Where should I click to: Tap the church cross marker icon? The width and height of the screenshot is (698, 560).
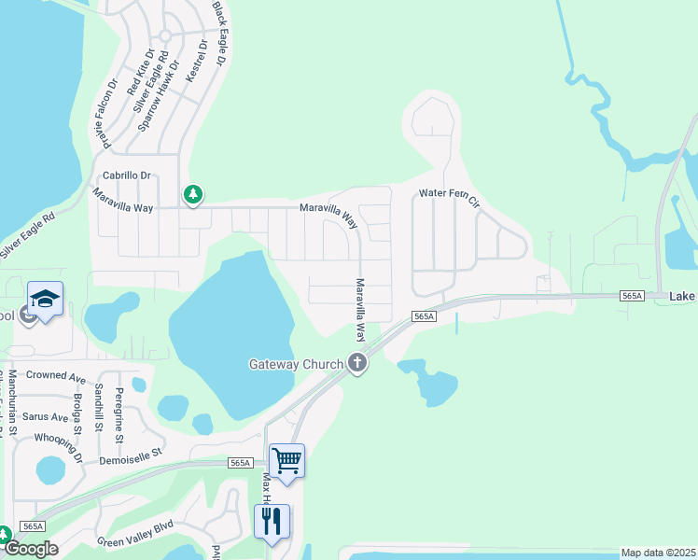[x=356, y=363]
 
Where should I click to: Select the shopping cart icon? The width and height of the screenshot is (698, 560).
[x=286, y=459]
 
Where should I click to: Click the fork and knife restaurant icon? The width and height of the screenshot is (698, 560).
[x=272, y=520]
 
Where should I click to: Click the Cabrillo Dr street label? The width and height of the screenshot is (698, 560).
[x=126, y=175]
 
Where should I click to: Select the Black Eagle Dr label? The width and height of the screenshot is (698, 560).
[x=219, y=33]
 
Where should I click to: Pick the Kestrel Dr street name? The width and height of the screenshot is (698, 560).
[x=196, y=61]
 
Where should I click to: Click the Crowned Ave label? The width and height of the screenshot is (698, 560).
[x=56, y=375]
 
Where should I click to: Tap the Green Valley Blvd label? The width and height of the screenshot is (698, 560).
[x=137, y=534]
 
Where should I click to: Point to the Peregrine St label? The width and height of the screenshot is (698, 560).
[x=119, y=414]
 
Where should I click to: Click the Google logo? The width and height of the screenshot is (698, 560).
[x=31, y=549]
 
